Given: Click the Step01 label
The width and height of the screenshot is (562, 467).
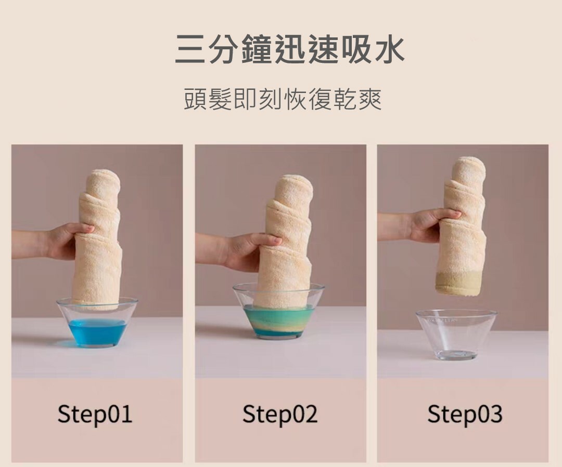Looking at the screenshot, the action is point(95,414).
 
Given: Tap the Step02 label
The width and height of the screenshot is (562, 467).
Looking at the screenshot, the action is point(280,414).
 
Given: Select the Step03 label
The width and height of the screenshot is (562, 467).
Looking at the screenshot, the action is point(465,414).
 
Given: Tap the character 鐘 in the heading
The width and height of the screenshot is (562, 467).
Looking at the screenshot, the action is point(257,49).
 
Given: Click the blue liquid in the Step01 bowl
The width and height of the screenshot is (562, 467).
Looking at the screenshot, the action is point(97,332).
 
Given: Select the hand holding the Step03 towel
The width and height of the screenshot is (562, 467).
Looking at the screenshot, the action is point(433,224).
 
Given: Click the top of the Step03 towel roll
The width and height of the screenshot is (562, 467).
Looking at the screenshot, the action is point(468,169).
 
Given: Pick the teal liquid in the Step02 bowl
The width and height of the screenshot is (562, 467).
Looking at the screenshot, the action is point(278,321).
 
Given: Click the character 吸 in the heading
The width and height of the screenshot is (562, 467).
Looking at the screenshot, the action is point(355,49).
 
